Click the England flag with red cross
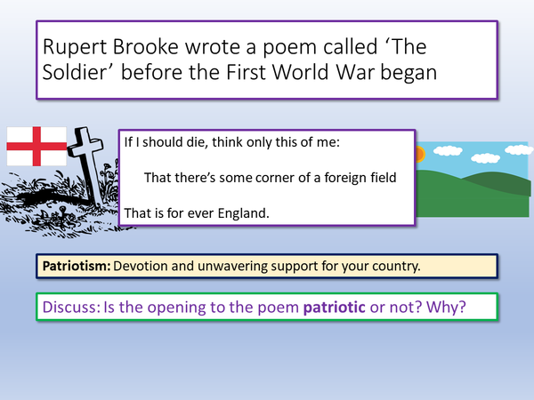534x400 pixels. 36,147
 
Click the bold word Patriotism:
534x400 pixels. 75,266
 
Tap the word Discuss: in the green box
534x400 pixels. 73,308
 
